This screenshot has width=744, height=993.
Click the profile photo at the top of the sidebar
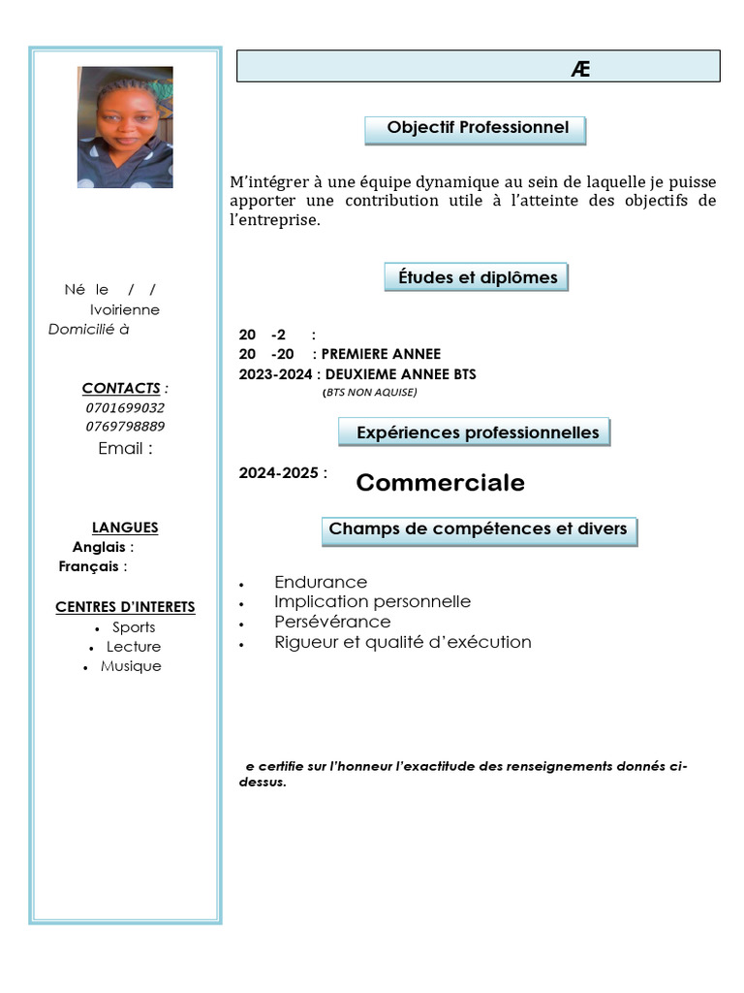coord(125,127)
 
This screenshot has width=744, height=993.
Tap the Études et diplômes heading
coord(477,277)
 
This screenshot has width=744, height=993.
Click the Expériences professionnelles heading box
coord(475,432)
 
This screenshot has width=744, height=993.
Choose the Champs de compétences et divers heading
coord(479,530)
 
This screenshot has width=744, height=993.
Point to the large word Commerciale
coord(440,483)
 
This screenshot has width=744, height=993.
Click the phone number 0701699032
coord(125,408)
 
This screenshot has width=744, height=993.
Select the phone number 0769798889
coord(125,427)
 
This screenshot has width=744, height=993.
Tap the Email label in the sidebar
coord(125,449)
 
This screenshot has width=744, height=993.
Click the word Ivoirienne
coord(125,309)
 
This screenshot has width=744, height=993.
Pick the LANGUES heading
coord(125,528)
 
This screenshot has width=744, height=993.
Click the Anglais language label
coord(99,547)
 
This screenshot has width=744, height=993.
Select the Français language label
coord(88,566)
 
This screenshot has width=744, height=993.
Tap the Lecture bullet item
coord(134,647)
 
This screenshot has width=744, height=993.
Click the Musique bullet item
coord(131,666)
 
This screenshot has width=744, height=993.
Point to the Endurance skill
coord(321,582)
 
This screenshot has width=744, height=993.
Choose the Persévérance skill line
coord(332,622)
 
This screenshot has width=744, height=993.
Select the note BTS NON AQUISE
coord(369,393)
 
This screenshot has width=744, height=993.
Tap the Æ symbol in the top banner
coord(581,68)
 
